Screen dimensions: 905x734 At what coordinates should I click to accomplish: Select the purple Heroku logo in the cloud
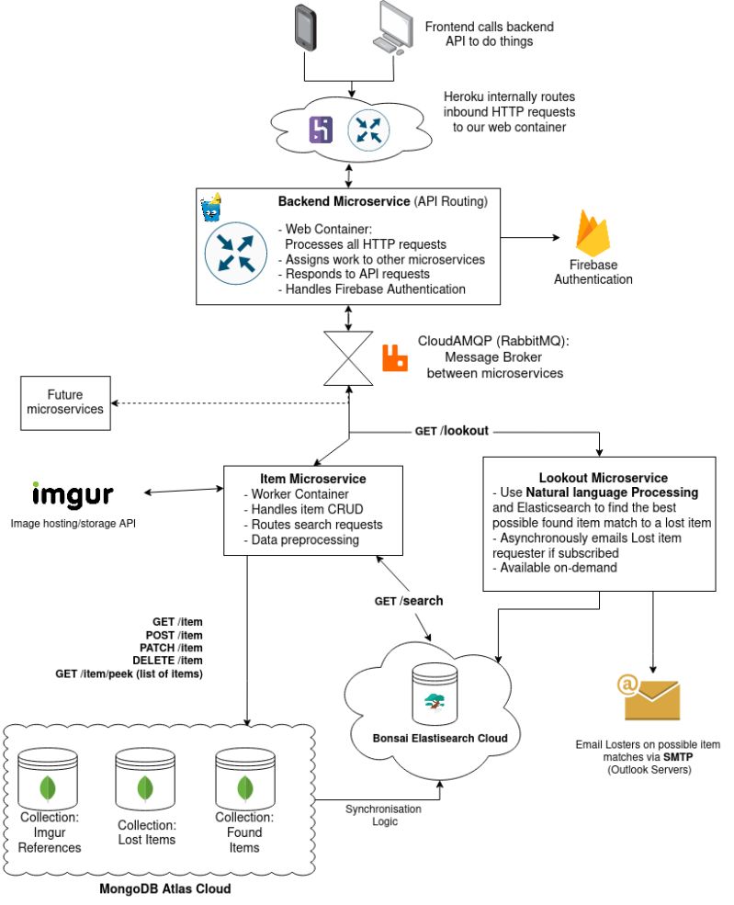click(x=321, y=130)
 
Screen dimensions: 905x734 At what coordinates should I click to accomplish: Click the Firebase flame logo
click(x=593, y=233)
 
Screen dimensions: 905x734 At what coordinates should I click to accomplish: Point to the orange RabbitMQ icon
click(x=395, y=357)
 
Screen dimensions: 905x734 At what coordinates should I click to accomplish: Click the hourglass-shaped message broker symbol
click(x=348, y=358)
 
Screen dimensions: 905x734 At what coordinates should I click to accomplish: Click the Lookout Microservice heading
click(x=603, y=478)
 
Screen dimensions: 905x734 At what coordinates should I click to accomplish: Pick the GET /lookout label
click(x=451, y=429)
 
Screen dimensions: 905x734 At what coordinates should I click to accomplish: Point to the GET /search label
click(x=408, y=601)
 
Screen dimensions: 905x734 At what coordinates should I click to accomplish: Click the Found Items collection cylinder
click(x=243, y=779)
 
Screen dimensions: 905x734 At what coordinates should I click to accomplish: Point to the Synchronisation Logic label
click(x=383, y=815)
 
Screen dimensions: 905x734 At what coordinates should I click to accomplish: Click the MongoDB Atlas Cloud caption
click(x=164, y=889)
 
